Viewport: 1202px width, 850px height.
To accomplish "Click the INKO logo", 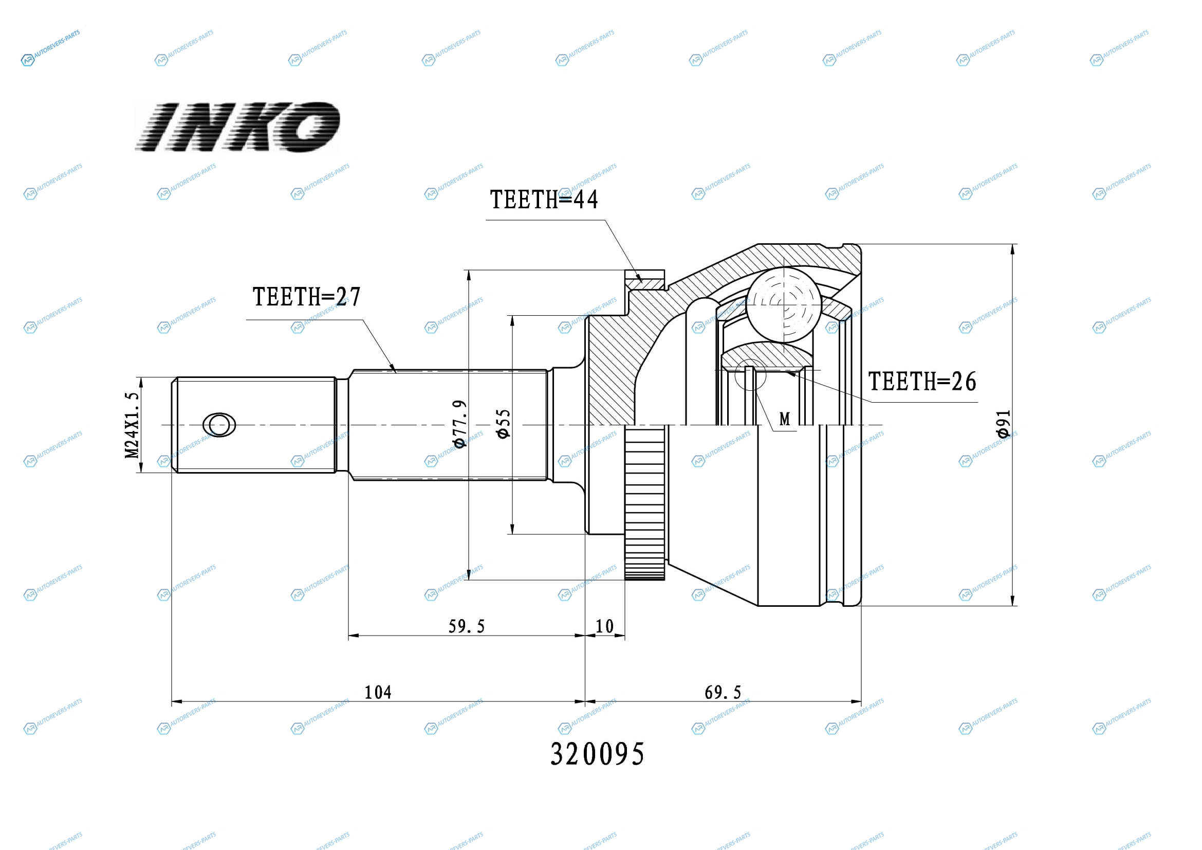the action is (x=237, y=126).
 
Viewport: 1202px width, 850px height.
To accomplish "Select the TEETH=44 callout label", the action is (x=543, y=200).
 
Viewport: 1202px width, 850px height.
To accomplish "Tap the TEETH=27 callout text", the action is (x=307, y=297).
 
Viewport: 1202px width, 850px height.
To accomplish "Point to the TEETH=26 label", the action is (x=922, y=381).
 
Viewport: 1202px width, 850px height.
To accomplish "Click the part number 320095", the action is (x=597, y=754).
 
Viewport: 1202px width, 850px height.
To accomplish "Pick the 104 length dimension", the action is (x=378, y=692).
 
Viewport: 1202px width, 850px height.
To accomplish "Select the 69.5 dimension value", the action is (x=723, y=692).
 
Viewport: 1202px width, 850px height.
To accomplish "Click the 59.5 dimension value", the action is (x=467, y=626).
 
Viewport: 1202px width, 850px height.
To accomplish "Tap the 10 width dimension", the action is (x=605, y=626).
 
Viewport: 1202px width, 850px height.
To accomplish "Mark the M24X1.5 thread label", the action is (x=132, y=425).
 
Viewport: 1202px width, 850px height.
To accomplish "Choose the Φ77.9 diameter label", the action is (x=459, y=424).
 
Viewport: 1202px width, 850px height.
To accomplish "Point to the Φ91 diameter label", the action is (x=1003, y=424).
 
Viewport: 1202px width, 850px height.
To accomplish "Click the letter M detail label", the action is (x=784, y=419).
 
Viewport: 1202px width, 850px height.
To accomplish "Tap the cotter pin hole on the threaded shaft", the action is (x=219, y=425).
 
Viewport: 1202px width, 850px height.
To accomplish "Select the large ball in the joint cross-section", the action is (x=784, y=305).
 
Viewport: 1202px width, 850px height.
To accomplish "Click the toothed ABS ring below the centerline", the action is (x=645, y=503).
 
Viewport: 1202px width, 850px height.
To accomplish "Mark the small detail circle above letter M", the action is (x=750, y=374).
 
